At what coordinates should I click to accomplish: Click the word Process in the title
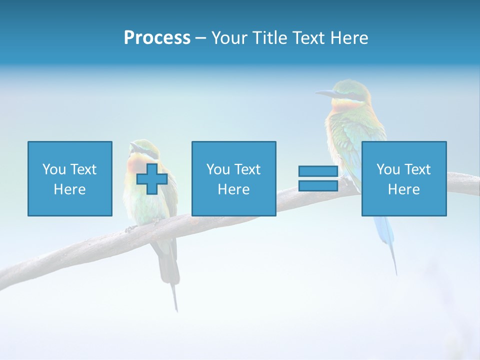pos(157,38)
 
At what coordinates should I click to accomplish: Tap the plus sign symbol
pos(152,179)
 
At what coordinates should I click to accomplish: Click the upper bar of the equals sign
pos(318,171)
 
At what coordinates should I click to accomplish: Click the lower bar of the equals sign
pos(318,185)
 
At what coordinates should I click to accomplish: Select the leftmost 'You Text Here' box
pos(69,178)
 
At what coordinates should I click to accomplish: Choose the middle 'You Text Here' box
pos(233,178)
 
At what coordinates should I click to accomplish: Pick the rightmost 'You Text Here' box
pos(403,178)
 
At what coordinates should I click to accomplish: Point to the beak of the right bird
pos(325,93)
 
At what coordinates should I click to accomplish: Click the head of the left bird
pos(142,147)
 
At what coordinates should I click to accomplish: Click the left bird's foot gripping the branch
pos(131,228)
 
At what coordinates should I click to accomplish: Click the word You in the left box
pos(54,169)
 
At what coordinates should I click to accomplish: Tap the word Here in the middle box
pos(233,189)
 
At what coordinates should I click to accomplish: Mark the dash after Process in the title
pos(200,38)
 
